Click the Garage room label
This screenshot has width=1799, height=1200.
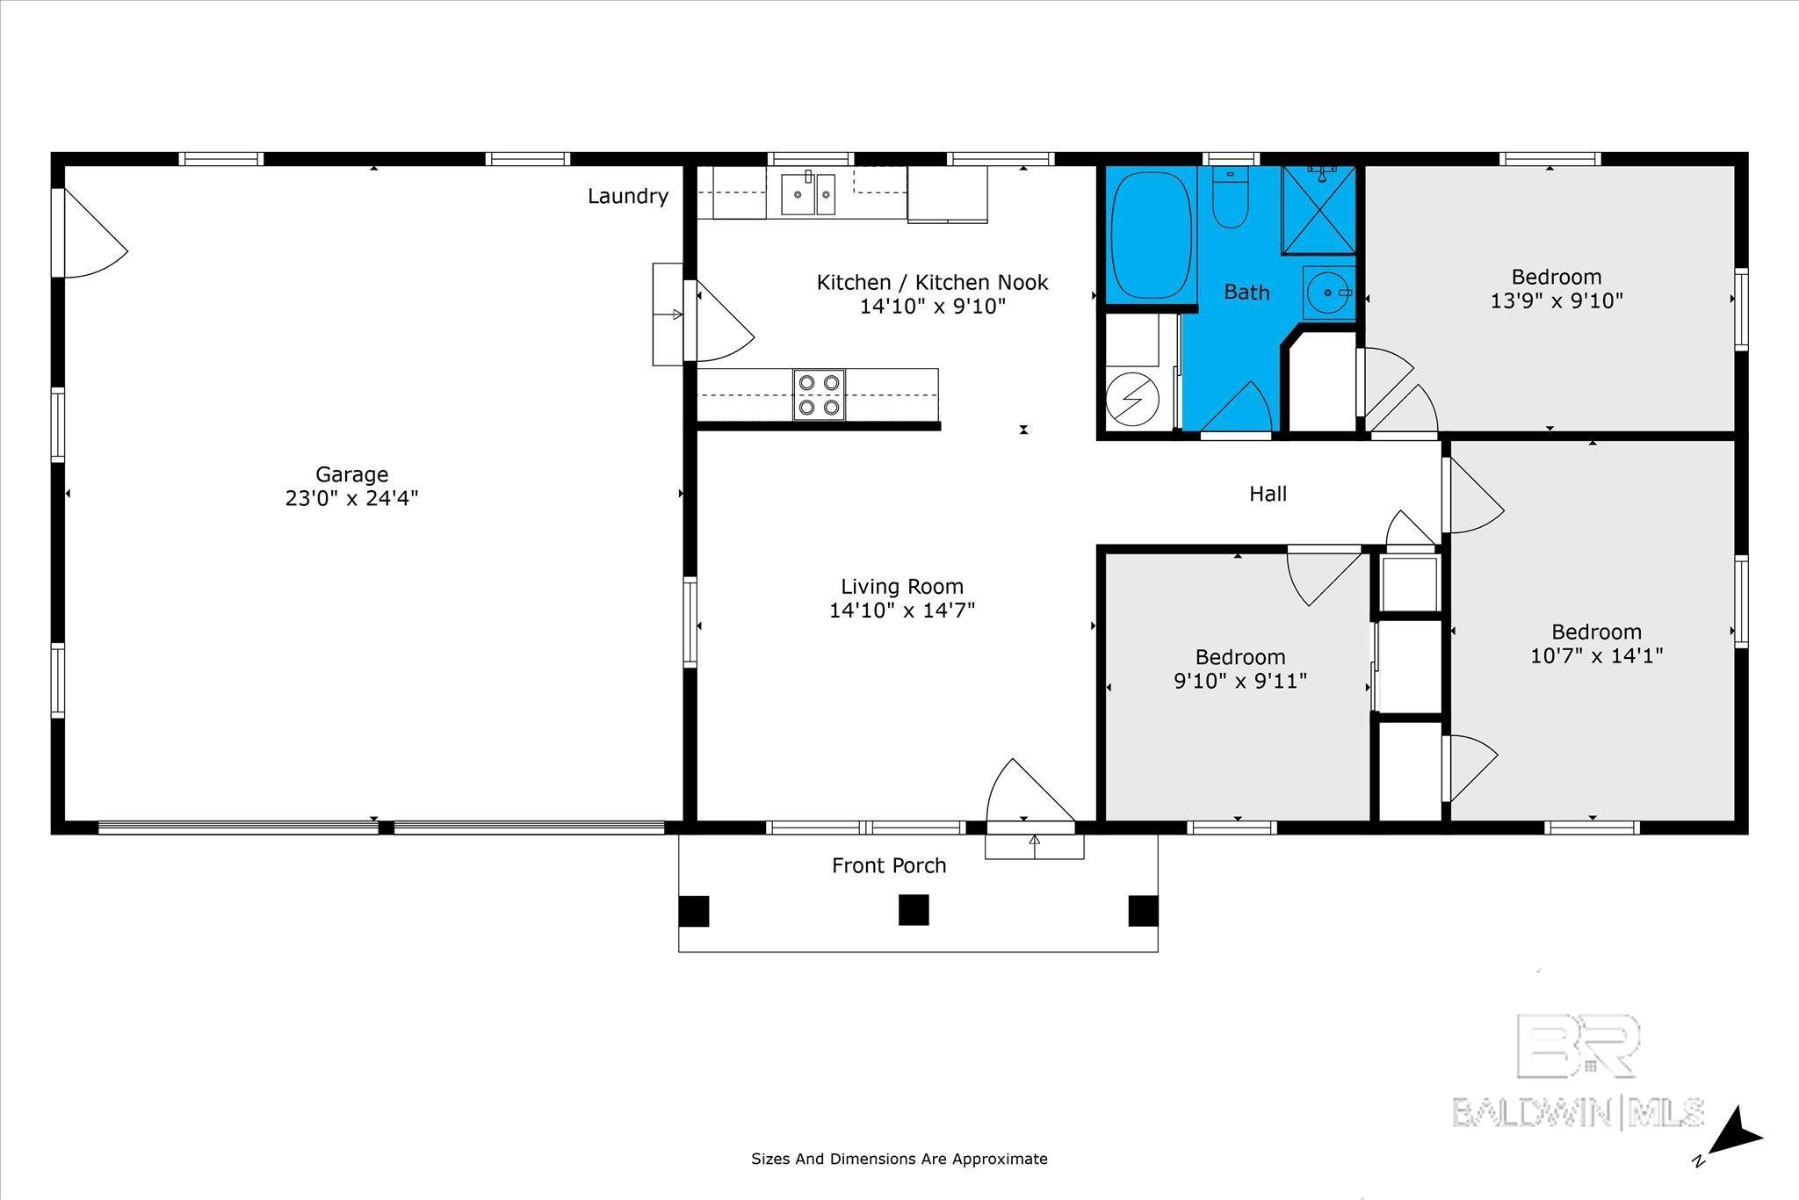(351, 474)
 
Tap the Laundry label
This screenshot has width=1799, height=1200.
(628, 196)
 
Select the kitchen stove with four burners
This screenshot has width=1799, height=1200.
(820, 394)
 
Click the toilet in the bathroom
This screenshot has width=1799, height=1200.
(1230, 197)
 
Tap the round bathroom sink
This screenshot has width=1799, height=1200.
(1329, 293)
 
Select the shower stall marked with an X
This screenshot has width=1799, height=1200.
(1319, 210)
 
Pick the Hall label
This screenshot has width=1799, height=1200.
(1268, 494)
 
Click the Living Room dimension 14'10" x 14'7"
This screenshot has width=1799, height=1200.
(902, 610)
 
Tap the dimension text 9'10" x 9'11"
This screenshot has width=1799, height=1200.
(1240, 680)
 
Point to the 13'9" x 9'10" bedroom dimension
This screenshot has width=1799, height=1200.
(1557, 300)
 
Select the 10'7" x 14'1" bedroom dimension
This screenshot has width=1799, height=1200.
(1597, 655)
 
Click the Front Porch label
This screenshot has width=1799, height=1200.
(889, 865)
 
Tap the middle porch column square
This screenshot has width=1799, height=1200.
(914, 910)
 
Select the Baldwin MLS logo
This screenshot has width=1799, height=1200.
(1579, 1073)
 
